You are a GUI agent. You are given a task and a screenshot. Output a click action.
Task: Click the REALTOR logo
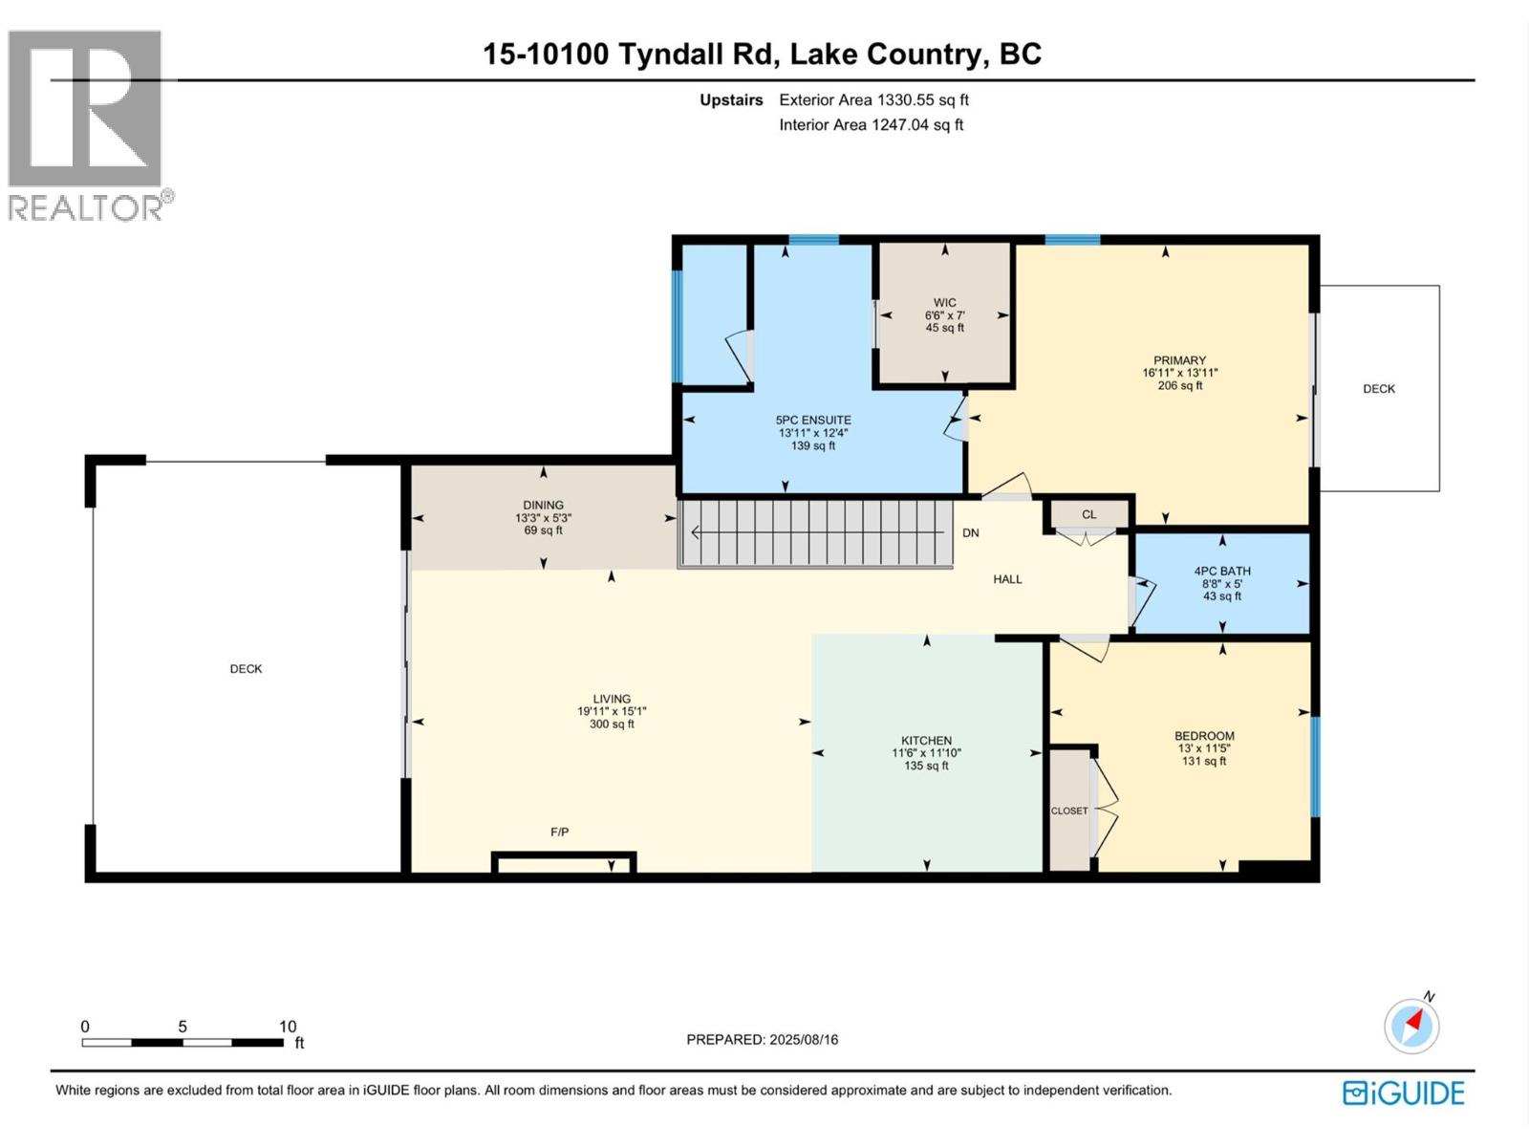point(91,126)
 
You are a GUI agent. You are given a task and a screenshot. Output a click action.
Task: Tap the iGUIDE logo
point(1403,1093)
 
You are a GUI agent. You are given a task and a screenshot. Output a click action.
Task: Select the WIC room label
point(944,302)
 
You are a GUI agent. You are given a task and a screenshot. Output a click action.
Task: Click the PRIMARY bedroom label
point(1179,360)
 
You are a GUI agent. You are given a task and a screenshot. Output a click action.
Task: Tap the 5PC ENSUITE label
point(813,420)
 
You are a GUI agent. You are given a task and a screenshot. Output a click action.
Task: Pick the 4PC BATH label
point(1222,571)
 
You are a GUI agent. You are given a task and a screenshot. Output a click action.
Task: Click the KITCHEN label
point(926,740)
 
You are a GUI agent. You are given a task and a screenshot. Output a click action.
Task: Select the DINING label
point(544,505)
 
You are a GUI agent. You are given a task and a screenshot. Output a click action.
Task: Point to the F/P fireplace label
point(559,832)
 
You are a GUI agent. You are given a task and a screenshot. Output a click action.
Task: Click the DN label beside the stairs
point(970,532)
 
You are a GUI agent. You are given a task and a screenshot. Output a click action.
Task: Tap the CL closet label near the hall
point(1088,514)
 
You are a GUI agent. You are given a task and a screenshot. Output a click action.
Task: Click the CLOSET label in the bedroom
point(1069,811)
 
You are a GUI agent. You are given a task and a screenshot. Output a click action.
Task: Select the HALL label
point(1007,578)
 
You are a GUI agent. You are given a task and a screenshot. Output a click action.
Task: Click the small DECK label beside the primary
point(1379,389)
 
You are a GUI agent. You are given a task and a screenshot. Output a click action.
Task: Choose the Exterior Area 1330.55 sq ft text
point(873,99)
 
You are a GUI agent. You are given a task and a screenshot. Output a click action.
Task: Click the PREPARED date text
point(762,1040)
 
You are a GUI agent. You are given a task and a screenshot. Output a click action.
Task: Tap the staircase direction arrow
point(821,532)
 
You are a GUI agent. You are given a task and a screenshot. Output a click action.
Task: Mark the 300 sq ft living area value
point(612,724)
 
